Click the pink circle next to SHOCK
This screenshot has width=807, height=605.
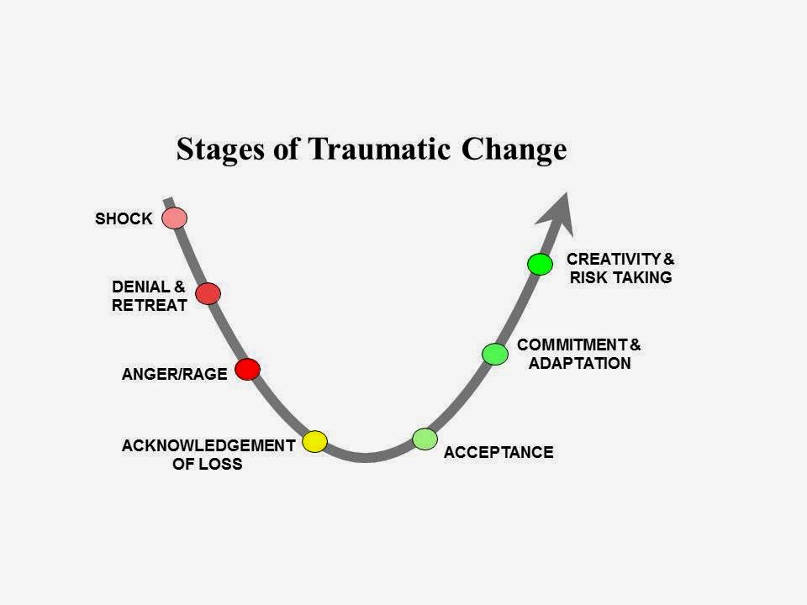coord(174,218)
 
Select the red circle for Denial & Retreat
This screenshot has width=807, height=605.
coord(208,293)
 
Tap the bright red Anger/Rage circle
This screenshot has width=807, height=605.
coord(247,369)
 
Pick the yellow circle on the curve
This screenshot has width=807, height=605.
coord(314,441)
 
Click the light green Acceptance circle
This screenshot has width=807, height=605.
coord(425,439)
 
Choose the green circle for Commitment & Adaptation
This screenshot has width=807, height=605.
coord(495,354)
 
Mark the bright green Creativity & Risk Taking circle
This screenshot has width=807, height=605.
coord(540,264)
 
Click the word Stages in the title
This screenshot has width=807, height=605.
coord(219,150)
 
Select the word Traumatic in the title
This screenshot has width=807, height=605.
coord(371,150)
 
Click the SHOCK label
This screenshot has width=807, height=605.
coord(124,219)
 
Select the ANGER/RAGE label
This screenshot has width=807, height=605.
coord(174,375)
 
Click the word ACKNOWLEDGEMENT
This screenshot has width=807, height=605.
coord(208,445)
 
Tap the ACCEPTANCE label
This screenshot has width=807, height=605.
coord(498,453)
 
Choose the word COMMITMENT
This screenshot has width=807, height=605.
coord(572,345)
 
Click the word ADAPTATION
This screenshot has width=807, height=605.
coord(579,364)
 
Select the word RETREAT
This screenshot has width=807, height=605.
coord(149,305)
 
